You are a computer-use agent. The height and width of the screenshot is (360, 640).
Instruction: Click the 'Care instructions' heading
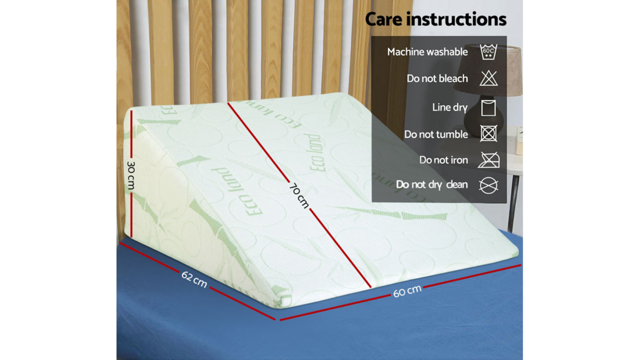click(x=436, y=19)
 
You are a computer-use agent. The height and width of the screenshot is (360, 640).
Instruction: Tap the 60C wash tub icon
click(x=489, y=52)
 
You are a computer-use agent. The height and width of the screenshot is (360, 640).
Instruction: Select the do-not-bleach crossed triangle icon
click(x=489, y=78)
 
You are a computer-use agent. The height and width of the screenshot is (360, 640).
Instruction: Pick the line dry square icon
click(x=488, y=108)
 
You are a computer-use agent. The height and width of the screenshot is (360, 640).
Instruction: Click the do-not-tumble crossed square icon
click(x=489, y=134)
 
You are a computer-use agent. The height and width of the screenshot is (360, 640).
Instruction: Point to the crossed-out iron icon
click(x=489, y=160)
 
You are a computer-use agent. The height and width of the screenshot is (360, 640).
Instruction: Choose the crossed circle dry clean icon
click(x=489, y=185)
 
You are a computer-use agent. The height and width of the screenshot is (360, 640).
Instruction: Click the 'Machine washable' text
click(x=428, y=52)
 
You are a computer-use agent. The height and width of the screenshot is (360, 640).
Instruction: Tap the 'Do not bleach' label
click(x=437, y=78)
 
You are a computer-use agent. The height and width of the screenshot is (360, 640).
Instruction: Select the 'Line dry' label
click(x=450, y=108)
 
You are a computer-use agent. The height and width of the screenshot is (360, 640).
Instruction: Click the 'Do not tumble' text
click(x=436, y=134)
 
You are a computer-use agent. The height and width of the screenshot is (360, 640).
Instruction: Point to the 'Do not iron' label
click(x=444, y=160)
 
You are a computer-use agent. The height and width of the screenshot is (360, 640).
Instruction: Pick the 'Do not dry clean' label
click(x=432, y=185)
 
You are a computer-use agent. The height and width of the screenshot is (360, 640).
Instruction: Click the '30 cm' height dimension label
click(x=131, y=175)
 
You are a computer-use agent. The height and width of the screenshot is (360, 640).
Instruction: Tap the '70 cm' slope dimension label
click(x=299, y=196)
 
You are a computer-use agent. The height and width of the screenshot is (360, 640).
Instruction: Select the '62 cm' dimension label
click(x=194, y=279)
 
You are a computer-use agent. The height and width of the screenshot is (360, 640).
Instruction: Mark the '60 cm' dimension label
click(x=407, y=291)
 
